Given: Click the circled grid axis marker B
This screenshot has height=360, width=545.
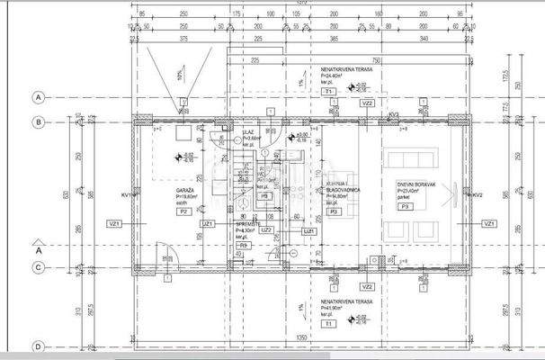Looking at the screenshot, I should [38, 121].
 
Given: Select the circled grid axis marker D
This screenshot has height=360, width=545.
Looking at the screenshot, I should [38, 346].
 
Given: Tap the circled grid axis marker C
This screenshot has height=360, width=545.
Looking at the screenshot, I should [38, 267].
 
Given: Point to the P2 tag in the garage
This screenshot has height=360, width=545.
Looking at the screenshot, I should [183, 211].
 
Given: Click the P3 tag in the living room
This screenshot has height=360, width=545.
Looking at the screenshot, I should [405, 206].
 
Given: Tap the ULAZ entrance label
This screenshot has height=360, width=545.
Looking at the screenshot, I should [247, 131].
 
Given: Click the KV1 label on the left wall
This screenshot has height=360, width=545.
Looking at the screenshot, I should [128, 194].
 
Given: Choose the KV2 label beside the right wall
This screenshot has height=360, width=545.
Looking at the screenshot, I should [478, 194].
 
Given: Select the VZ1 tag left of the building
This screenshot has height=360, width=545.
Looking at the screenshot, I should [114, 223].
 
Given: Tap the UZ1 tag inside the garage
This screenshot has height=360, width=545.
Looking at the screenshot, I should [207, 223].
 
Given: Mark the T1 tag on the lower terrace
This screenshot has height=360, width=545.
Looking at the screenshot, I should [328, 322].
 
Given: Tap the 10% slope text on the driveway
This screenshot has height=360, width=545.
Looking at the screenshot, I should [181, 76].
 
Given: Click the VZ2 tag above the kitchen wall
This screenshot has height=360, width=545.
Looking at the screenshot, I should [367, 103].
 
